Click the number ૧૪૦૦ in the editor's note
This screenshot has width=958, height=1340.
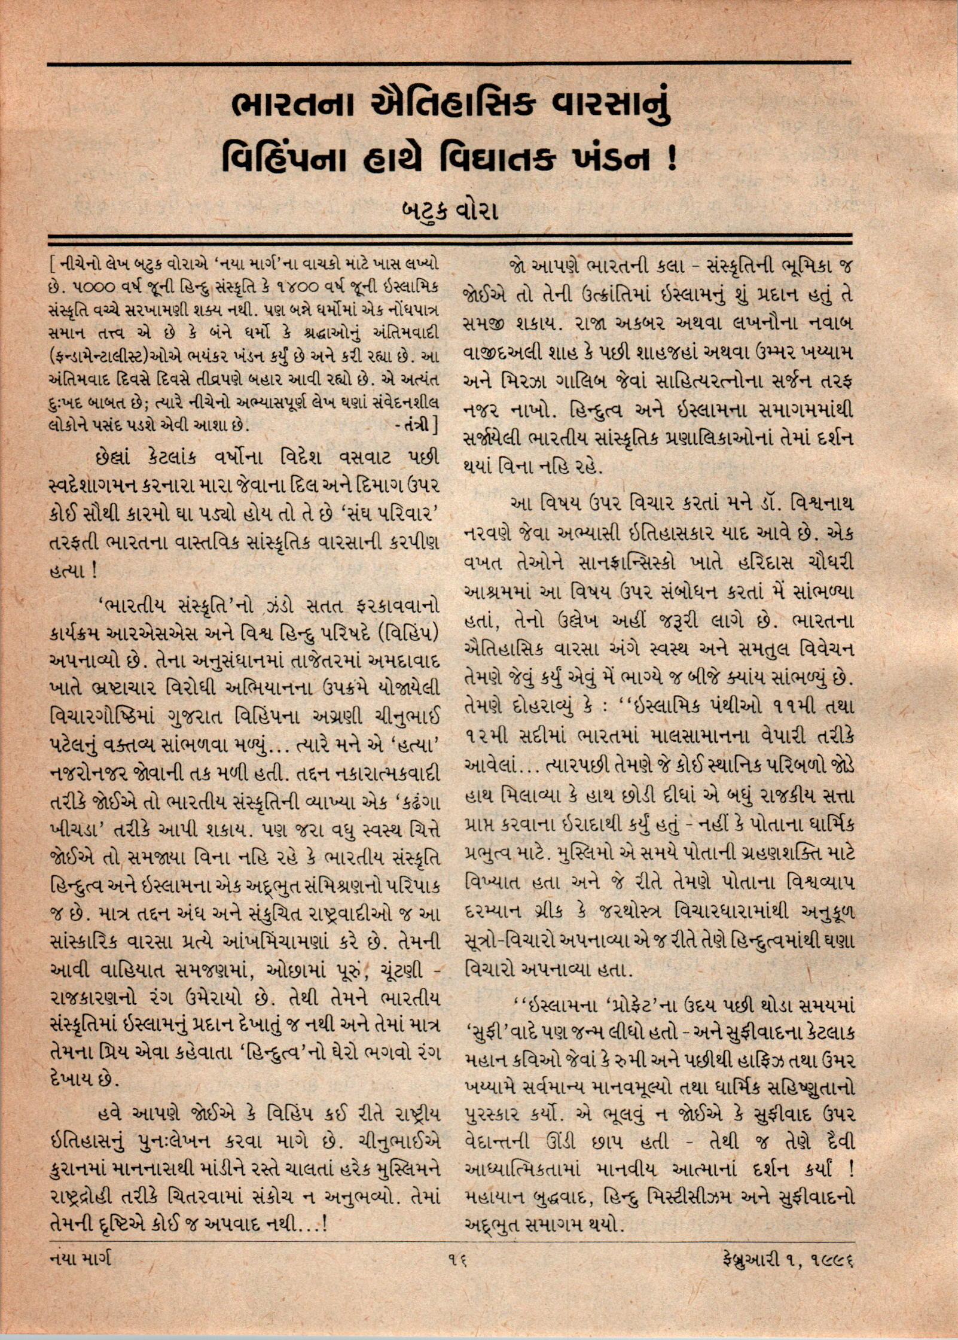(292, 287)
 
